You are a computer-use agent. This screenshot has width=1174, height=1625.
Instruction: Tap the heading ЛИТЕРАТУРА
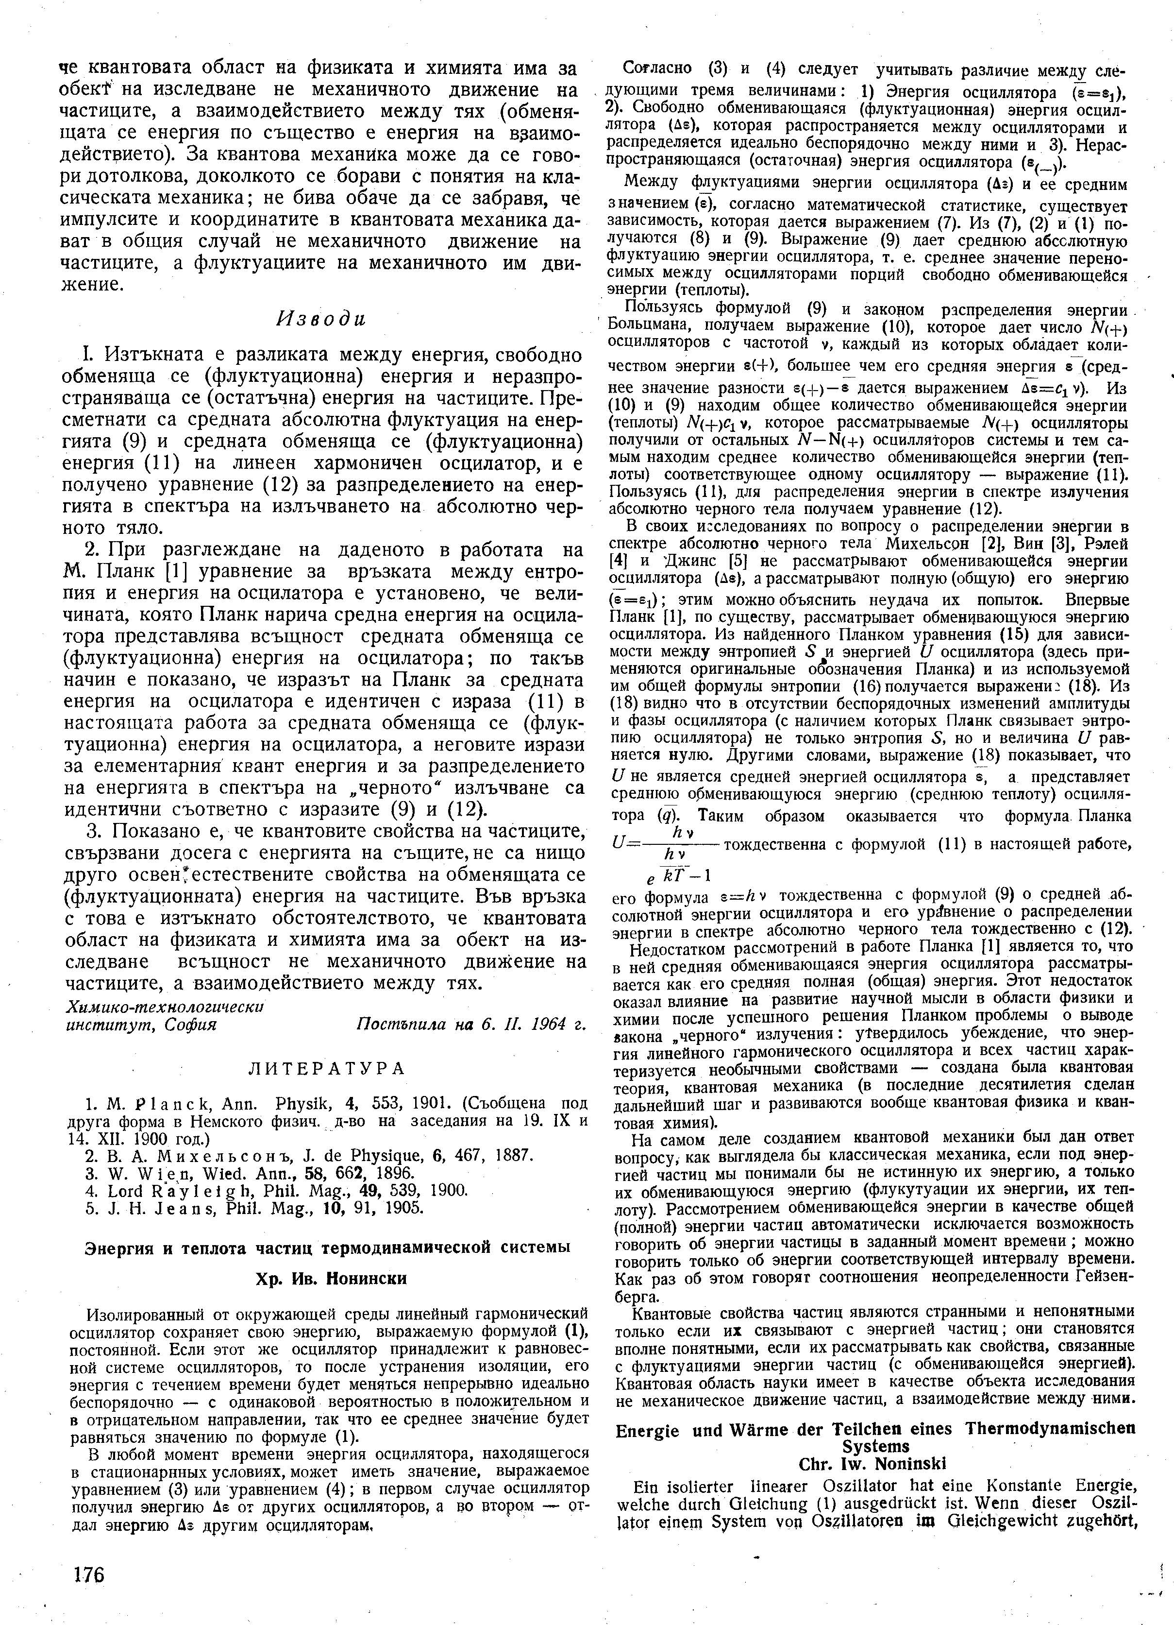coord(326,1070)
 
